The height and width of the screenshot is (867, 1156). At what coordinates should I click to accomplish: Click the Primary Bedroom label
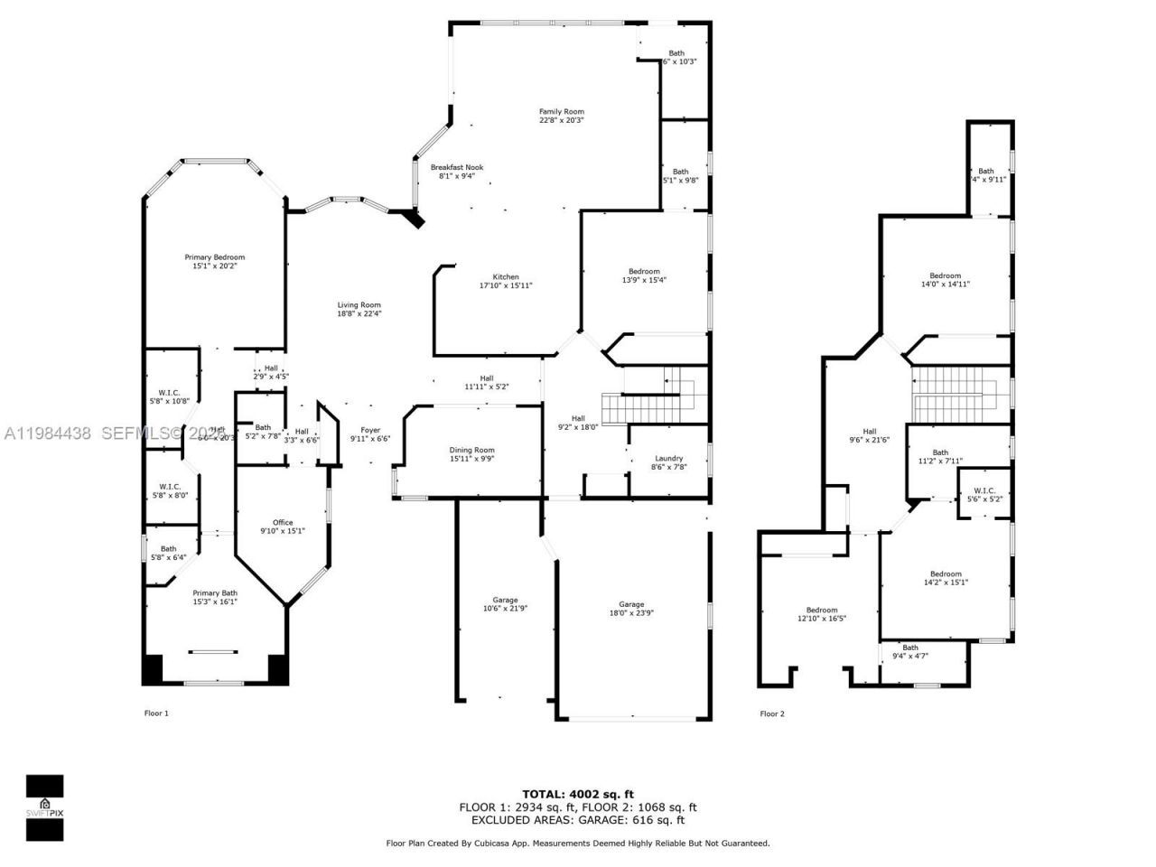pos(214,257)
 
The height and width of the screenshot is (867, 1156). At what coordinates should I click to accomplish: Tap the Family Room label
pos(561,112)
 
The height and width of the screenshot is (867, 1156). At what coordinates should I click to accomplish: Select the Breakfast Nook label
pos(456,167)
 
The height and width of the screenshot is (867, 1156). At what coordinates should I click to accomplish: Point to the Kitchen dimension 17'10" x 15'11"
pos(505,285)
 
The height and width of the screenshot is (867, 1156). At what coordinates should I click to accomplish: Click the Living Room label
pos(359,305)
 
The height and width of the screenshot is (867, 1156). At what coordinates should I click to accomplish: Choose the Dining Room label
pos(471,450)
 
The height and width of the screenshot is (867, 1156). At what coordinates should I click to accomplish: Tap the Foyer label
pos(369,430)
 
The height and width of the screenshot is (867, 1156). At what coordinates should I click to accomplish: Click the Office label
pos(283,522)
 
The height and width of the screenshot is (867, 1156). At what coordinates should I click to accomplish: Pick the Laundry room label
pos(668,458)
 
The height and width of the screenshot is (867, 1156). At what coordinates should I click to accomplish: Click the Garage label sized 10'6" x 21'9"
pos(505,601)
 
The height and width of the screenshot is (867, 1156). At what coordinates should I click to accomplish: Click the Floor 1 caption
pos(156,713)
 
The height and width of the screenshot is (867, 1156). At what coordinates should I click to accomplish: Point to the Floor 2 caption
pos(772,713)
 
